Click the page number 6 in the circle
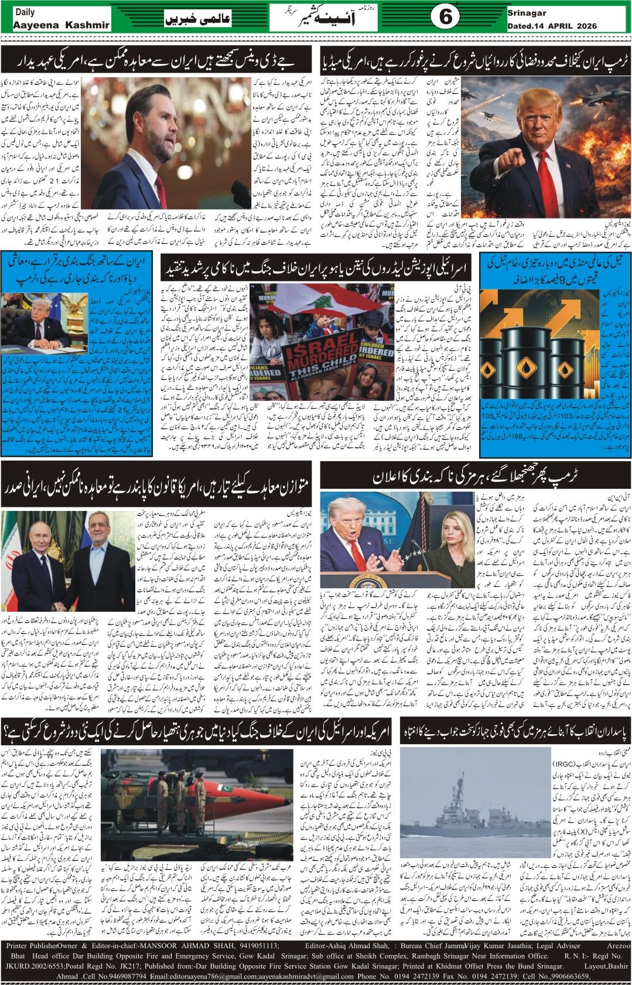coord(445,18)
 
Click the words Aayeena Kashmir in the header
coord(61,25)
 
